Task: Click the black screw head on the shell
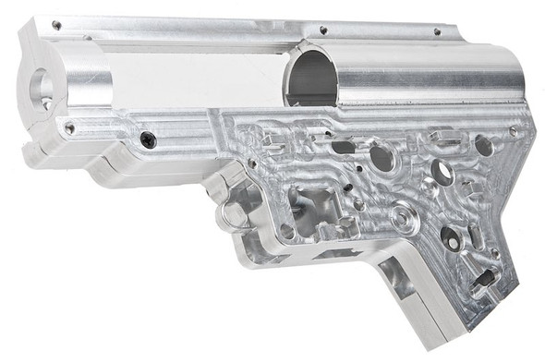[148, 139]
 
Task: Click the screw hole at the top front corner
[56, 26]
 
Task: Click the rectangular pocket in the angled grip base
[397, 277]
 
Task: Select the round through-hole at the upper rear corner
[483, 145]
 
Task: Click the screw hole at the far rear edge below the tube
[514, 131]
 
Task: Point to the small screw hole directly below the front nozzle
[68, 129]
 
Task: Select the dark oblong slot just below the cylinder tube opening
[344, 147]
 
